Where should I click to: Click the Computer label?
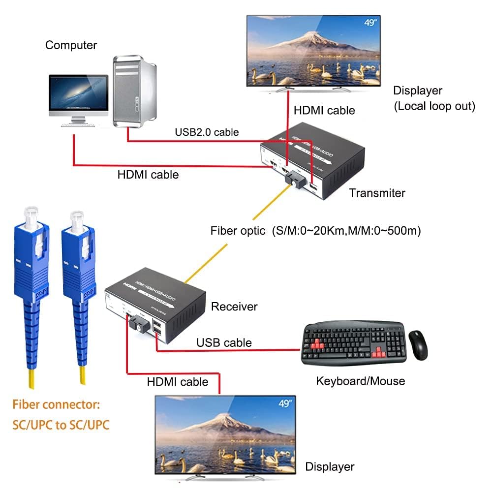point(71,45)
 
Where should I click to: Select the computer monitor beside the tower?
point(79,98)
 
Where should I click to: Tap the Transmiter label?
point(377,193)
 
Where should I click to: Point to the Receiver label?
point(234,307)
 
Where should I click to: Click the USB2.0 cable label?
point(207,132)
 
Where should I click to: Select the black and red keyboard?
point(353,343)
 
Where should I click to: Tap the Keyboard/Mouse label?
point(360,381)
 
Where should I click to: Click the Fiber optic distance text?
point(315,231)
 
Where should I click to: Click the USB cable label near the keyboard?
point(224,342)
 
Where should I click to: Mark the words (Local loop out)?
point(434,106)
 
